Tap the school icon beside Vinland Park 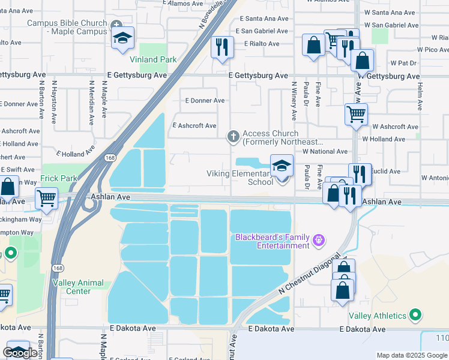click(122, 38)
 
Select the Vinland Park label click(154, 59)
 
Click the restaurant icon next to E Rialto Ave click(222, 47)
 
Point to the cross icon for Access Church click(234, 136)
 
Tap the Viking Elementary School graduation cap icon click(281, 166)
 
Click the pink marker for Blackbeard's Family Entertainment click(319, 241)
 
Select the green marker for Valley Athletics click(415, 314)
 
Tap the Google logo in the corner click(20, 353)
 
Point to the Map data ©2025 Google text click(412, 355)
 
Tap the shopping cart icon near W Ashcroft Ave click(356, 114)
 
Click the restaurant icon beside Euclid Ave click(360, 174)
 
